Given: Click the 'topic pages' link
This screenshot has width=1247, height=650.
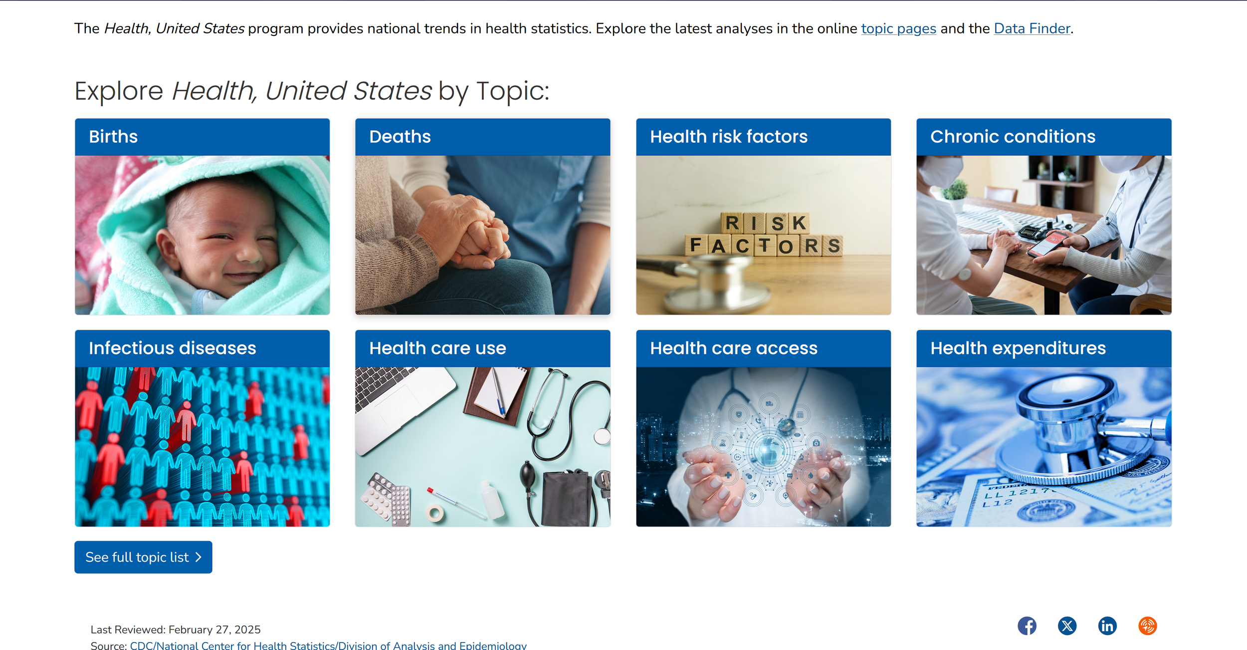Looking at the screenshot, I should point(898,29).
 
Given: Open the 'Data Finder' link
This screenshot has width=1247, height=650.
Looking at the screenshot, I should point(1032,29).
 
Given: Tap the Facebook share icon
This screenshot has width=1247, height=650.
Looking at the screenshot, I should point(1027,626).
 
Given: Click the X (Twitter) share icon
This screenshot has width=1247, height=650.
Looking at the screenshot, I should point(1067,626).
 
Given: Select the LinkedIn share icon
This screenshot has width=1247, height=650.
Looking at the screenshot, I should point(1107,626).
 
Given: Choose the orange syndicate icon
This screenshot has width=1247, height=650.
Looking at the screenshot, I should point(1147,626).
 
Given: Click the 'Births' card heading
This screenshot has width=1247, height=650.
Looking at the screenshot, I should point(113,137).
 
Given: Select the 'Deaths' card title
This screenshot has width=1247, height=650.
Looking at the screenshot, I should point(400,137).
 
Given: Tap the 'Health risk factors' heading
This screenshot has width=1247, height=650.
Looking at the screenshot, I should point(728,137).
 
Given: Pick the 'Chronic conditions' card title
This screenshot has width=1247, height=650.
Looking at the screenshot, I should point(1013,137).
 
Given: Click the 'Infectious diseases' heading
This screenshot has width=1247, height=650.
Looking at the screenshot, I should point(172,348).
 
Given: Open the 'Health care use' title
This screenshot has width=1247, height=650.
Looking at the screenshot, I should point(437,348).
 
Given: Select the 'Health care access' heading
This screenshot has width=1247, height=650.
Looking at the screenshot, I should point(733,348).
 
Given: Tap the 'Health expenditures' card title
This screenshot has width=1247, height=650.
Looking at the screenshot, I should point(1018,348).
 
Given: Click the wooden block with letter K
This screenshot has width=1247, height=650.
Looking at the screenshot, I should point(799,223).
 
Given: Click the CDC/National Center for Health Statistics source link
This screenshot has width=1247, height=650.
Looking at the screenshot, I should point(328,645).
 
